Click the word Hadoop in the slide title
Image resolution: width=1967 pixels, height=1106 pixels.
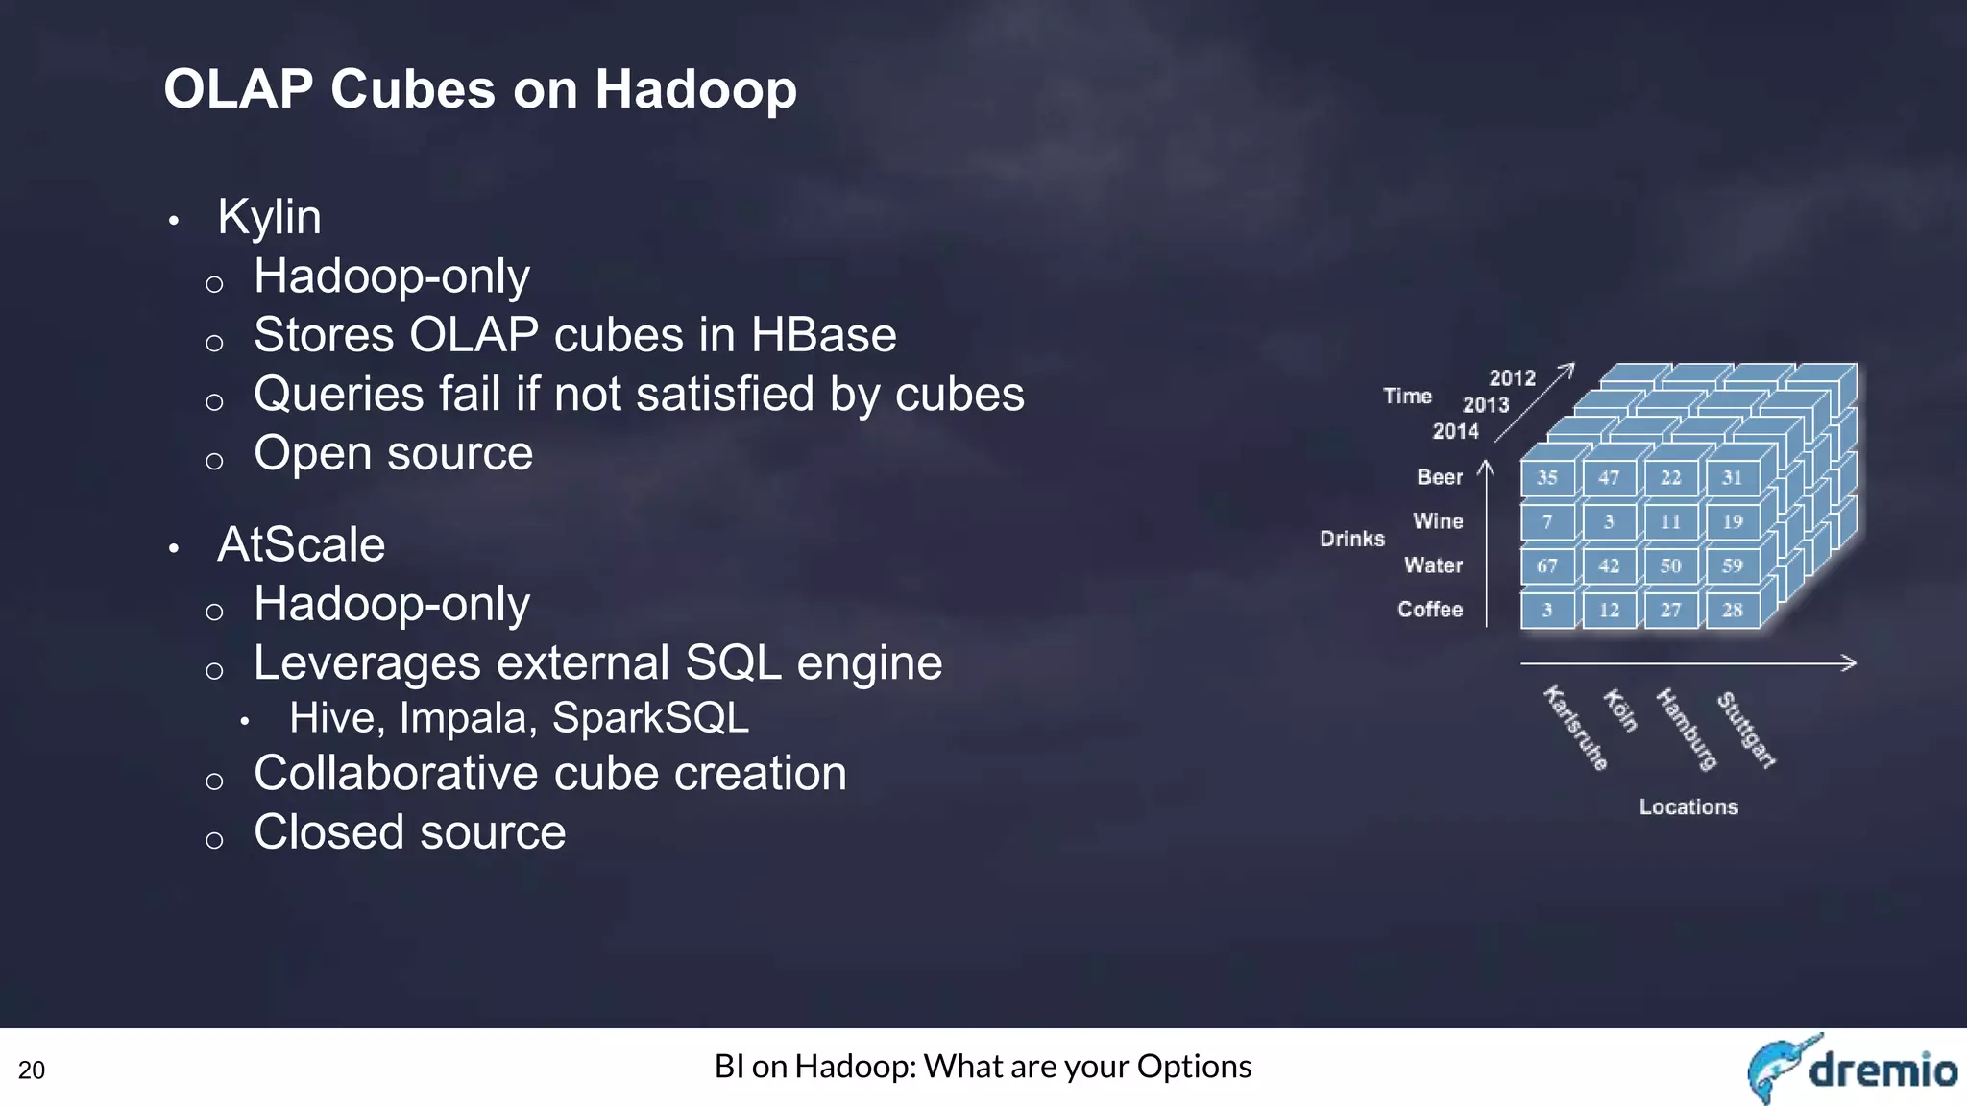tap(695, 89)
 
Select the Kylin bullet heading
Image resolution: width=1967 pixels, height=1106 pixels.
tap(269, 217)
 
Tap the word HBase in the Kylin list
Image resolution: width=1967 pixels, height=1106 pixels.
tap(823, 335)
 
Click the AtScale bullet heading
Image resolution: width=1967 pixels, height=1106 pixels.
tap(301, 544)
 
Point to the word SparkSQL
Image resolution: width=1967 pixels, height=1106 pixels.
tap(650, 718)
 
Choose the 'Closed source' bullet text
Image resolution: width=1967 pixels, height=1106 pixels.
tap(409, 831)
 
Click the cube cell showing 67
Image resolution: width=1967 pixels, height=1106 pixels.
tap(1546, 565)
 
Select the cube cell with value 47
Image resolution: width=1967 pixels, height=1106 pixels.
tap(1609, 477)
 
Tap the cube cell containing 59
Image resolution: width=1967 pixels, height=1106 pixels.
tap(1732, 565)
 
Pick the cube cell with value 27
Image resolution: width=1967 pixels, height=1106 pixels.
tap(1670, 610)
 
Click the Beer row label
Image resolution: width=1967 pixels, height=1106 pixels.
tap(1439, 477)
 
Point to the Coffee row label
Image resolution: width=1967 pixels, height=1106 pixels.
tap(1429, 610)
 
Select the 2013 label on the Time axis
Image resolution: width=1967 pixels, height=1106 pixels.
tap(1485, 405)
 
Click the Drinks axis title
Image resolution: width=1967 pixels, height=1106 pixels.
tap(1351, 539)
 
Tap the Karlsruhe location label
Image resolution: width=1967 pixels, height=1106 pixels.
tap(1575, 728)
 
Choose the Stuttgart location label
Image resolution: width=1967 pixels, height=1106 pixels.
tap(1745, 730)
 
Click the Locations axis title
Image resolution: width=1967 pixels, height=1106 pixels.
tap(1688, 807)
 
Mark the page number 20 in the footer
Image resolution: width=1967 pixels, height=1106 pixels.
tap(32, 1070)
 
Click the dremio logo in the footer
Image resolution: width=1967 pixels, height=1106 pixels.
tap(1852, 1069)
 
